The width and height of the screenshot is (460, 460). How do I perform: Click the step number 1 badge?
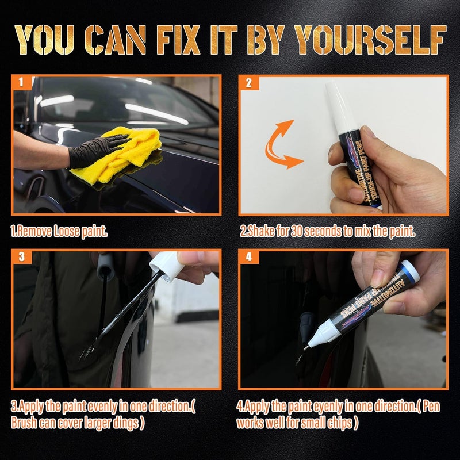21,83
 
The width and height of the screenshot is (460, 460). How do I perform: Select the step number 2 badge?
248,83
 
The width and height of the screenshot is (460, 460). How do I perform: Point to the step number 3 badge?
21,256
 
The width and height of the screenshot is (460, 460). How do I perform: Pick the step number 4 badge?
248,256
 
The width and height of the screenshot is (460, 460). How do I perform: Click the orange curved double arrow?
282,143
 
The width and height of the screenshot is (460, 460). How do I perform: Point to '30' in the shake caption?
297,232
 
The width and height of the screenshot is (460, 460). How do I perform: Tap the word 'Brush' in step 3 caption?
25,421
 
